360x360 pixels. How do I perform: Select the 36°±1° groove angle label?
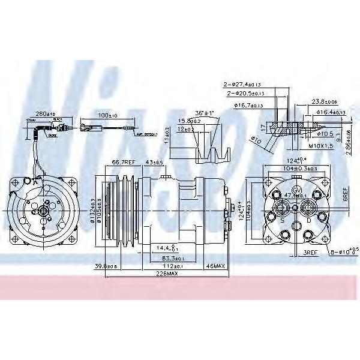pos(205,112)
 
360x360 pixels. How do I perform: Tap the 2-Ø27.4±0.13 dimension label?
pos(242,85)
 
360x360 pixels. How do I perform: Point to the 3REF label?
pos(310,253)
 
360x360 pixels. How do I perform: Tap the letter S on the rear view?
pos(281,221)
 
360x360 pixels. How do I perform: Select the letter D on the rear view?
pos(308,221)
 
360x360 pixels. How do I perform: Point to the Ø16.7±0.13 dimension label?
pos(248,106)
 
